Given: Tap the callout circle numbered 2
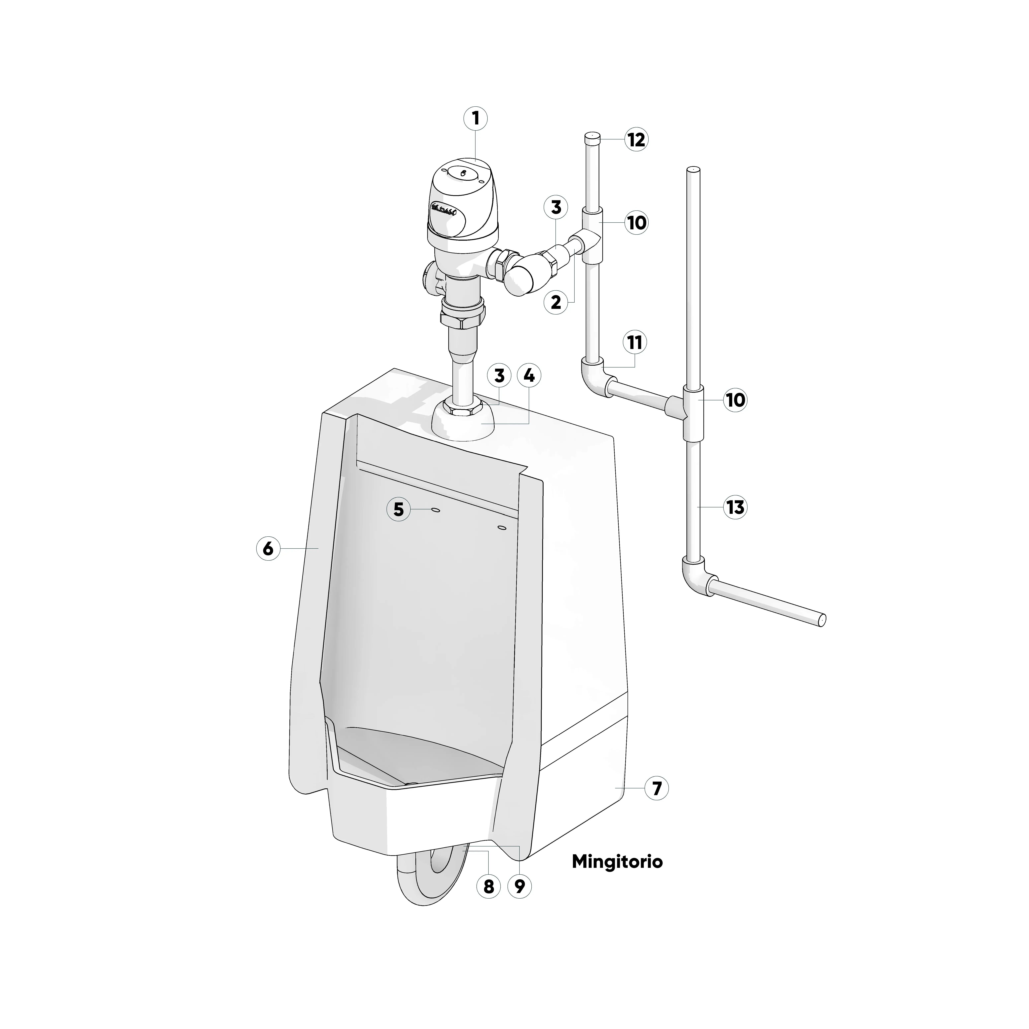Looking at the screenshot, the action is click(x=556, y=302).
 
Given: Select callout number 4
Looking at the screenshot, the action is click(x=529, y=375).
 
